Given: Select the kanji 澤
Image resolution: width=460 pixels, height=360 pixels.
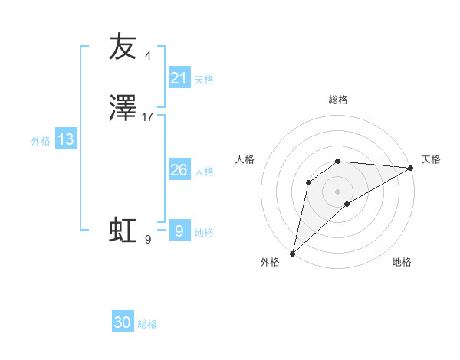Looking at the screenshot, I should click(x=123, y=109).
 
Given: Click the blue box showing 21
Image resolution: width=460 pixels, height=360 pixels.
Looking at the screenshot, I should click(x=179, y=77).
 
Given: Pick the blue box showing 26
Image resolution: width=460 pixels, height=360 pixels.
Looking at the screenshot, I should click(x=179, y=170).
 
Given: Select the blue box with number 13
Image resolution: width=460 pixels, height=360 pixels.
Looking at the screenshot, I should click(x=65, y=139).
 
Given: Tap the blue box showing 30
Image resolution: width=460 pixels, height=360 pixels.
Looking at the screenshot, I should click(x=123, y=322).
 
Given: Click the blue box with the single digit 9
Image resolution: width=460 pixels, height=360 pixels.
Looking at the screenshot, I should click(x=179, y=231).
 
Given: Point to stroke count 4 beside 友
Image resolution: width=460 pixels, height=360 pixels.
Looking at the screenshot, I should click(x=148, y=56).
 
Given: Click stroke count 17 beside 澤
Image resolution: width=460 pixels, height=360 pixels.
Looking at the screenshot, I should click(x=148, y=117).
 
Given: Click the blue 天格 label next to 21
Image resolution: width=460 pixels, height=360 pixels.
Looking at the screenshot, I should click(x=204, y=79).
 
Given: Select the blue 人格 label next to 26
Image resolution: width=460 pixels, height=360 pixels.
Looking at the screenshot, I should click(x=204, y=172).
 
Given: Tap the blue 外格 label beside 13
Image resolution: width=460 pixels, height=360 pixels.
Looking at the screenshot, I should click(x=40, y=141).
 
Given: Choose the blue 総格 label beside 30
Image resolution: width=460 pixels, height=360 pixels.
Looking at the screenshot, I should click(x=147, y=324).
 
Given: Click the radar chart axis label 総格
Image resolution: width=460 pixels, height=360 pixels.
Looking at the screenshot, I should click(x=338, y=100).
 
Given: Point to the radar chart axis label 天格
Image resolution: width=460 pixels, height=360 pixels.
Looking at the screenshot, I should click(x=431, y=159).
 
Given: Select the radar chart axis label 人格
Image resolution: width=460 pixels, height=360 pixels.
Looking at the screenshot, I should click(x=245, y=159).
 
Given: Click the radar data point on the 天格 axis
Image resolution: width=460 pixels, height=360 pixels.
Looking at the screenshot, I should click(x=411, y=168).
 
